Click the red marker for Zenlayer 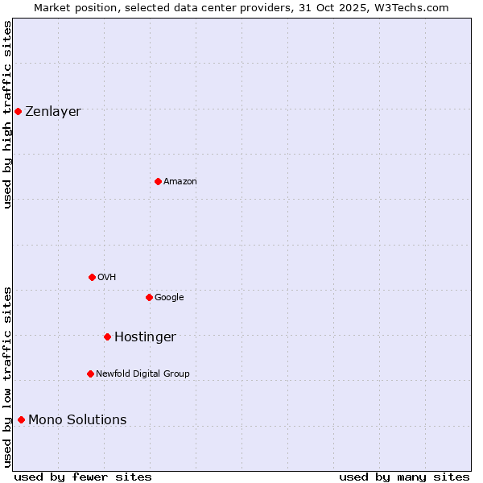18,111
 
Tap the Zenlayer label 53,112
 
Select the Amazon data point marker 158,181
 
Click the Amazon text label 180,182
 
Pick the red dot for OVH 92,277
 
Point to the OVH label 107,278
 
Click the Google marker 149,297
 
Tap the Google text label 169,298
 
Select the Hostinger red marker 107,336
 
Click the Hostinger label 145,337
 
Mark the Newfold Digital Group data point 90,374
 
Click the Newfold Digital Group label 142,374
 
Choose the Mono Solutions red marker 21,419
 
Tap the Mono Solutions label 77,420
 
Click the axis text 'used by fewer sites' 83,477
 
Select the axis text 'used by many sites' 404,477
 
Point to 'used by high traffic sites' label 7,114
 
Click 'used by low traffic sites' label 7,377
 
